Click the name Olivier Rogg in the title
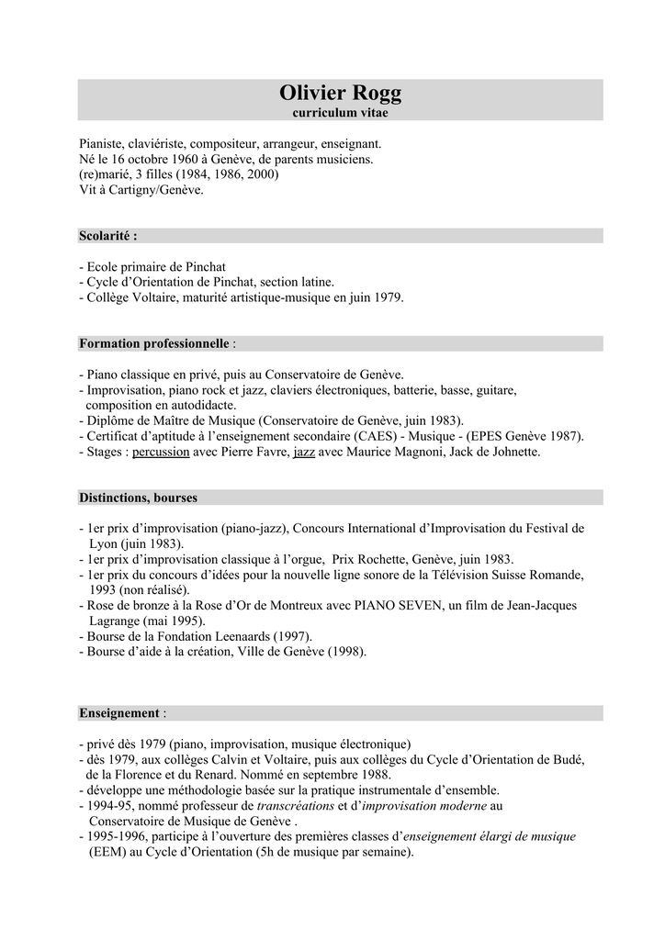tap(340, 94)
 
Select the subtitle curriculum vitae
tap(340, 113)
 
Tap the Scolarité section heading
tap(107, 236)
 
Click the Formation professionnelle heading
tap(153, 343)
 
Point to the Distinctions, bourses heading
tap(138, 498)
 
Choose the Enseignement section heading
tap(119, 712)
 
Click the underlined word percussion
tap(161, 452)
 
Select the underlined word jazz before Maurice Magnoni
tap(304, 452)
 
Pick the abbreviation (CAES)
tap(378, 436)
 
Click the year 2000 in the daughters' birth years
tap(260, 174)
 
